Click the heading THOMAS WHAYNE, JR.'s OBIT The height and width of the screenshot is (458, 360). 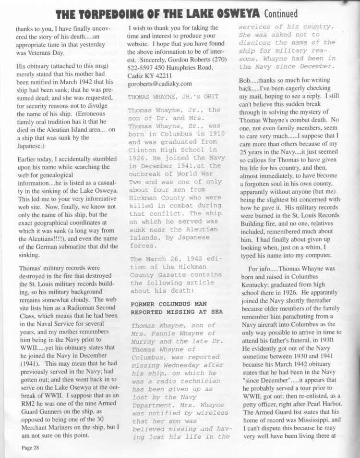tap(164, 95)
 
